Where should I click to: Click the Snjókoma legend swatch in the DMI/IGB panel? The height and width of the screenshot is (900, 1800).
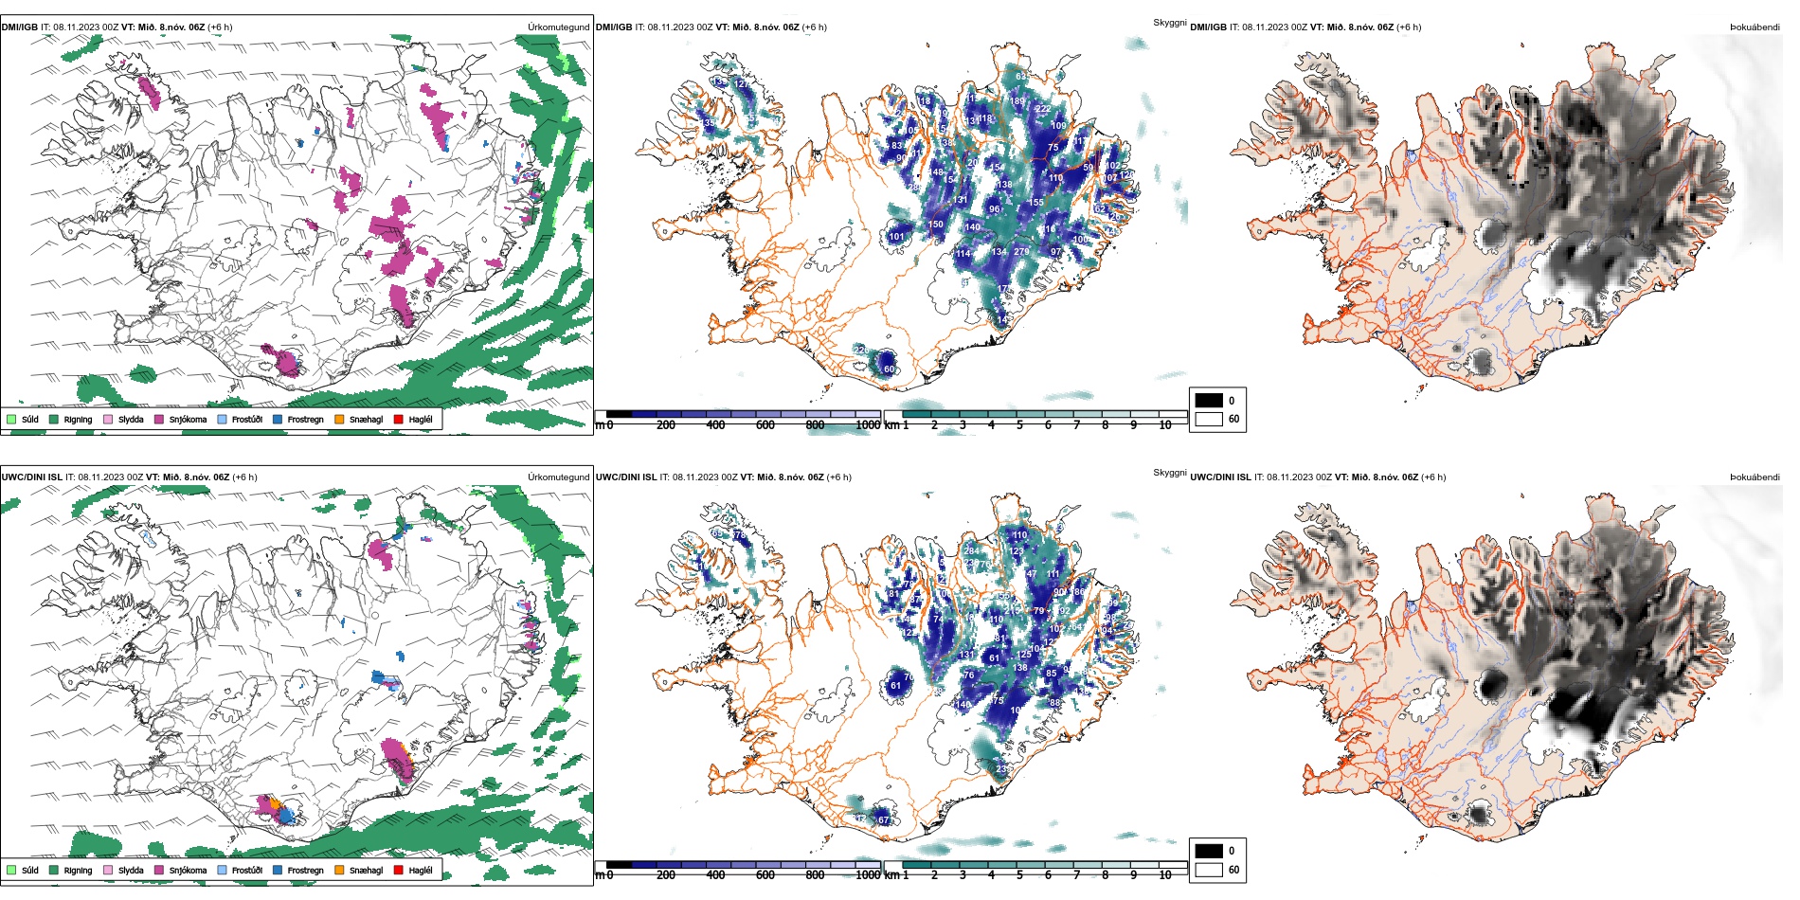click(158, 419)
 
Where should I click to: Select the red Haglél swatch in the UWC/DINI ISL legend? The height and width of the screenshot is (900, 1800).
click(399, 870)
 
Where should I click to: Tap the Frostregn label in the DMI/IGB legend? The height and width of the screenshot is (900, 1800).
click(305, 419)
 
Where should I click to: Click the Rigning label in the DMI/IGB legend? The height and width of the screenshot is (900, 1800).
click(78, 419)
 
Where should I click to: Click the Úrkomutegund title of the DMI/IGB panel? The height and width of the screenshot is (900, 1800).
click(558, 27)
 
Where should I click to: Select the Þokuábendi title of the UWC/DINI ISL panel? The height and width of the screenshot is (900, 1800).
click(1755, 477)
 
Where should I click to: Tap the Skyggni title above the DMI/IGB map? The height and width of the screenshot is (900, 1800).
click(1169, 23)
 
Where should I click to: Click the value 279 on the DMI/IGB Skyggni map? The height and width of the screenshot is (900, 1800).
click(1020, 252)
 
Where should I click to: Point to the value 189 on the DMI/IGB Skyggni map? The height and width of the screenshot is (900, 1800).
click(1017, 101)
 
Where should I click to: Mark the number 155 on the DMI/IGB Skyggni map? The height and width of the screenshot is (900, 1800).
click(1036, 203)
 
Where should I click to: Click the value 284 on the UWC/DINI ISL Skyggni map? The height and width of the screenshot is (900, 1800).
click(971, 550)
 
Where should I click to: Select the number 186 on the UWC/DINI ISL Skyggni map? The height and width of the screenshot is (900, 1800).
click(1076, 592)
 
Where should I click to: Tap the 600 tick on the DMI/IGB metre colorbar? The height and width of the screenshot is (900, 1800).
click(765, 425)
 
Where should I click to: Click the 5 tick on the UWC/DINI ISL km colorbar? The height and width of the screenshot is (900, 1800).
click(1019, 875)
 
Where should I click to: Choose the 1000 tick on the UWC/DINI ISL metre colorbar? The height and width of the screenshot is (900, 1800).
click(868, 875)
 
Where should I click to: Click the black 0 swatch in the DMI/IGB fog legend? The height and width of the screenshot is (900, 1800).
click(1209, 400)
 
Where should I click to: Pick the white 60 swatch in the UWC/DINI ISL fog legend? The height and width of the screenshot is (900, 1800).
click(1209, 870)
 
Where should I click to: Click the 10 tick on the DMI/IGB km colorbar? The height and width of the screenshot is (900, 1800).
click(1165, 425)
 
